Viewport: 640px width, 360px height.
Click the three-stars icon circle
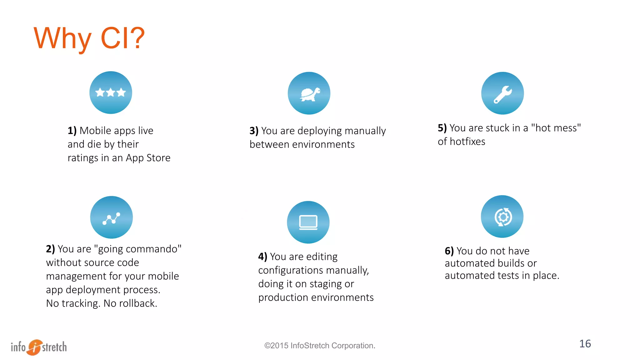pyautogui.click(x=111, y=92)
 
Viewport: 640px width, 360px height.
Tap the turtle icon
pyautogui.click(x=309, y=93)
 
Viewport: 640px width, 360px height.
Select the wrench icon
pyautogui.click(x=502, y=93)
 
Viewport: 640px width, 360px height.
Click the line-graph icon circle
pyautogui.click(x=111, y=217)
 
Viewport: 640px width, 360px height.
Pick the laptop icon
pyautogui.click(x=308, y=222)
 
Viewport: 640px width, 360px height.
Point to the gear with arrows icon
pyautogui.click(x=502, y=217)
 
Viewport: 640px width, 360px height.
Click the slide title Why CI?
pyautogui.click(x=89, y=38)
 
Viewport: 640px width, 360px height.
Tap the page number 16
pyautogui.click(x=585, y=344)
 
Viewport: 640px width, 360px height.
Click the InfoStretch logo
pyautogui.click(x=39, y=347)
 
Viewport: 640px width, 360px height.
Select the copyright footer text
pyautogui.click(x=320, y=346)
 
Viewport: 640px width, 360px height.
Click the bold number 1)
pyautogui.click(x=72, y=131)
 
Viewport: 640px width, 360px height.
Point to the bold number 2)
pyautogui.click(x=50, y=249)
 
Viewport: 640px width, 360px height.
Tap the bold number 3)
pyautogui.click(x=254, y=131)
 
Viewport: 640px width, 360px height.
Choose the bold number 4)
pyautogui.click(x=262, y=257)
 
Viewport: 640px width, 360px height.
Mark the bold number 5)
pyautogui.click(x=442, y=128)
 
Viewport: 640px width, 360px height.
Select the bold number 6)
pyautogui.click(x=449, y=251)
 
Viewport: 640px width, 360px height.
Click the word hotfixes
pyautogui.click(x=467, y=142)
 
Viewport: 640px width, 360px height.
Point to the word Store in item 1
pyautogui.click(x=158, y=158)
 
